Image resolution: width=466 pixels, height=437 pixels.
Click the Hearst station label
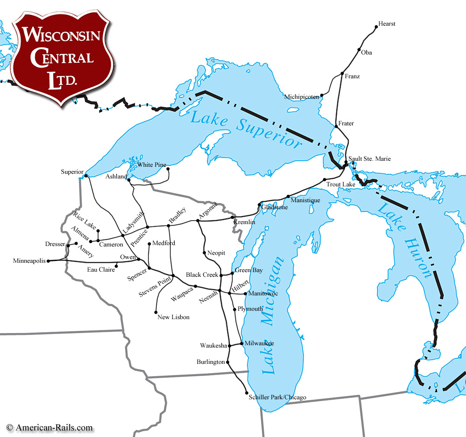387,24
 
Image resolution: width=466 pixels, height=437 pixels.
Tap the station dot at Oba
359,50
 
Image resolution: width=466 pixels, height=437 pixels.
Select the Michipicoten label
302,96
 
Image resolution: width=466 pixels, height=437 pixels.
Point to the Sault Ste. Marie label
370,159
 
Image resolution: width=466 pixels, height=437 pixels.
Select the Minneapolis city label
29,261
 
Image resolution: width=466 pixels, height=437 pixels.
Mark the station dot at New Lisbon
156,312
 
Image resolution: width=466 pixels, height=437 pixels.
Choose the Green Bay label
245,270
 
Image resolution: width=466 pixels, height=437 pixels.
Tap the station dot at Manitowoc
245,294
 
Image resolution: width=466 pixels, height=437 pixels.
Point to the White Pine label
152,164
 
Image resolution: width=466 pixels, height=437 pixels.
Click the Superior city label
72,172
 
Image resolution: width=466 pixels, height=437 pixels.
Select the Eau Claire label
101,269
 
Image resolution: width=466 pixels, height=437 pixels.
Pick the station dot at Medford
149,244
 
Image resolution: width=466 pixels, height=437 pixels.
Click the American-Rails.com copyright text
50,427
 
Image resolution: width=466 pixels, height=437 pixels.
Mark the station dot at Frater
336,126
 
